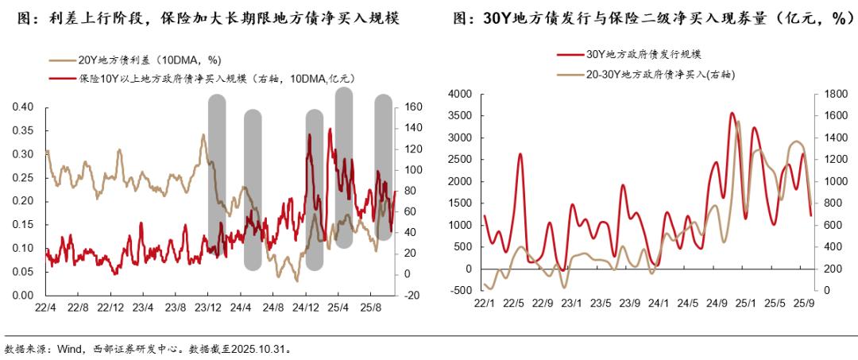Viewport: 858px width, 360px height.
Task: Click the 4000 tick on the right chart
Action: point(460,95)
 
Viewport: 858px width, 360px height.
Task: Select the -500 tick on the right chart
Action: point(460,290)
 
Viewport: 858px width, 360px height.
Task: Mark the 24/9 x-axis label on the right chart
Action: point(717,303)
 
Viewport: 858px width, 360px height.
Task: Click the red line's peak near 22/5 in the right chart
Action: point(520,154)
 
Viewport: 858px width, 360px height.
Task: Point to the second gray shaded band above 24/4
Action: point(253,189)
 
